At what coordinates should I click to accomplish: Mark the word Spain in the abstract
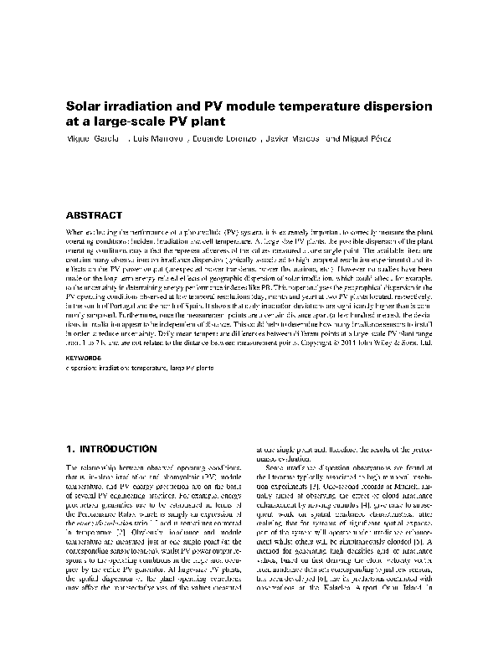(203, 309)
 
